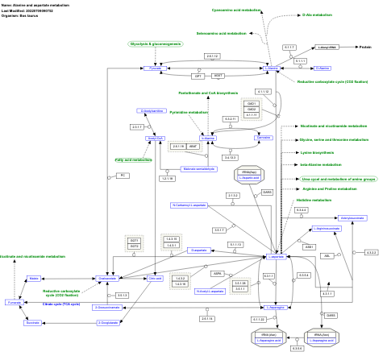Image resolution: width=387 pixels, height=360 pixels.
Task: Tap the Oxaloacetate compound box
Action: (x=107, y=278)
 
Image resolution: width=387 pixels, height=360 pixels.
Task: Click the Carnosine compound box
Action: (x=264, y=138)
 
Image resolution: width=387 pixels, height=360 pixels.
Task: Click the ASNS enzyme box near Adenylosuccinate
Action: (x=308, y=246)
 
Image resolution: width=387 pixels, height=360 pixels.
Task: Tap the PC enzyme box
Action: (x=123, y=176)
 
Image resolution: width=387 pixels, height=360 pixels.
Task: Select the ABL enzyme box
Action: (x=327, y=255)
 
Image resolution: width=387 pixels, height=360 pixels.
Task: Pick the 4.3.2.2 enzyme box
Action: (x=371, y=253)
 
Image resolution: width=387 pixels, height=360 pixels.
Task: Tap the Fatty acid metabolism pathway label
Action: (x=133, y=159)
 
